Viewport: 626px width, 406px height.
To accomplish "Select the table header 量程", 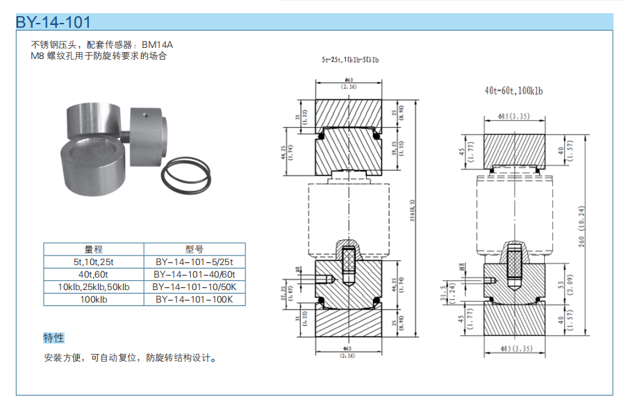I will (x=93, y=249).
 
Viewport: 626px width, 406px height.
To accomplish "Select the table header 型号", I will (x=194, y=249).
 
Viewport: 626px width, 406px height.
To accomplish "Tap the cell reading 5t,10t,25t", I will (x=93, y=262).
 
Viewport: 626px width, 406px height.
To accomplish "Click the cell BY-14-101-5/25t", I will (x=194, y=262).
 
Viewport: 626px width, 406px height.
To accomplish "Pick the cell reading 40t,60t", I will (x=93, y=274).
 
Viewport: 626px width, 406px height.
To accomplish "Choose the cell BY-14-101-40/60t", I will (x=194, y=274).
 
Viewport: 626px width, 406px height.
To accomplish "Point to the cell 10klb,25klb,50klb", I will (x=93, y=287).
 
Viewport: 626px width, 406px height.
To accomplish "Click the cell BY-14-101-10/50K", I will (x=194, y=287).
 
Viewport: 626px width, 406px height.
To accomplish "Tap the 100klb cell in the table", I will (x=93, y=299).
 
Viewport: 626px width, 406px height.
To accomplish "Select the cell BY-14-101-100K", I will (x=194, y=299).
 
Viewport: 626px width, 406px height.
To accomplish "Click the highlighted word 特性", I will (x=53, y=338).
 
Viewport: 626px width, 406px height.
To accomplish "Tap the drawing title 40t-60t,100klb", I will (x=513, y=91).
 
